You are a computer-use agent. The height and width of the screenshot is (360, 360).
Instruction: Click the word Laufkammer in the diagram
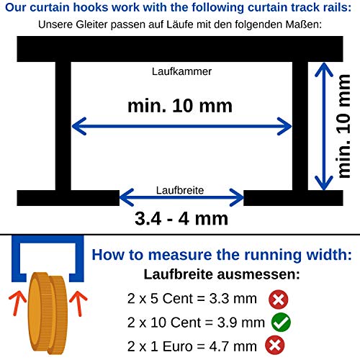[181, 71]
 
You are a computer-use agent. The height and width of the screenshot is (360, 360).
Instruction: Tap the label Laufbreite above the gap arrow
[180, 190]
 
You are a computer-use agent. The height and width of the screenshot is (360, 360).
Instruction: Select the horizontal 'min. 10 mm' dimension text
[180, 106]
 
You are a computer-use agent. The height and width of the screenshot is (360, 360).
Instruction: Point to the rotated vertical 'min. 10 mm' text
[344, 126]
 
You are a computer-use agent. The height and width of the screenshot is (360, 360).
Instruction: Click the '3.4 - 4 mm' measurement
[181, 218]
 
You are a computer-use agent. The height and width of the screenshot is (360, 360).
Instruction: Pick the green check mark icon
[281, 323]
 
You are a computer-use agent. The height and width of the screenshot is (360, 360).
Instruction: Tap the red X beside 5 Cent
[279, 300]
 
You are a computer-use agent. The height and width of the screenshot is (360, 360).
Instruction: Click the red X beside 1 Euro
[275, 346]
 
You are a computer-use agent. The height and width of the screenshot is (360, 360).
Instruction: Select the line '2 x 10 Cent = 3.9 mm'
[196, 323]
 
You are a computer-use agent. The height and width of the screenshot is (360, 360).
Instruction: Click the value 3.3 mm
[233, 299]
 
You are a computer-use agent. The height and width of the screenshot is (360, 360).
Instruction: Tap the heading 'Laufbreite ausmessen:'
[222, 274]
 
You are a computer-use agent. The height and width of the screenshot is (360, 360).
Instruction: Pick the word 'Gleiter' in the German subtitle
[91, 24]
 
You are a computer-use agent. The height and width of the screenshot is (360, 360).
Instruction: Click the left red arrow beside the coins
[17, 303]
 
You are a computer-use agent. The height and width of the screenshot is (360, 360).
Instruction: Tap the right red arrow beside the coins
[78, 303]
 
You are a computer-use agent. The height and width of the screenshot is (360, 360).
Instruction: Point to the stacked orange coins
[47, 313]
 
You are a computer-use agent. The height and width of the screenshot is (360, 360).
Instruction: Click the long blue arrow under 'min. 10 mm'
[181, 126]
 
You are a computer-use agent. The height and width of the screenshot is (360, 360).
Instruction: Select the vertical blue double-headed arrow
[324, 127]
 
